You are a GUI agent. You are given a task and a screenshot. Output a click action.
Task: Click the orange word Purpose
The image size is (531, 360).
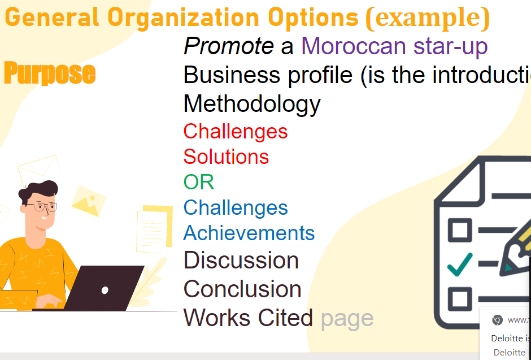point(50,73)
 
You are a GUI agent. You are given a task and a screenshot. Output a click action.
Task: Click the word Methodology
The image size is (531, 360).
point(252,104)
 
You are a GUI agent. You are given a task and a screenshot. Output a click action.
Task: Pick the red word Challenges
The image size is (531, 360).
point(236,131)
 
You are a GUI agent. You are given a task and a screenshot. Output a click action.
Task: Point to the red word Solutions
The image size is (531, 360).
point(226,157)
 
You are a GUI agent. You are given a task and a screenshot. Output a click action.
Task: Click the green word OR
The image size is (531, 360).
point(199,182)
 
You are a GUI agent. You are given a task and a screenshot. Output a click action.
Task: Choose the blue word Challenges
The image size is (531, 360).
point(236,207)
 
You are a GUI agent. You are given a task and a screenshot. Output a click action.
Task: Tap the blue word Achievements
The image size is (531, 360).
point(249,233)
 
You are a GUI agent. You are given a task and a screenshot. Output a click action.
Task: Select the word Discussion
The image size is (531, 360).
point(241,261)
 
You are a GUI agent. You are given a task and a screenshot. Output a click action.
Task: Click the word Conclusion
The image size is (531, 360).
point(242,289)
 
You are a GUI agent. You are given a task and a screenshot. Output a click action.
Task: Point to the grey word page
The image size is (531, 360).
point(347,318)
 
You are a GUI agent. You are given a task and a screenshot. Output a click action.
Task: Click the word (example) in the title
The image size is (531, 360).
point(427,18)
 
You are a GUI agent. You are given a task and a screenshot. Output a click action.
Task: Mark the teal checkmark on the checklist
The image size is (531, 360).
point(460,263)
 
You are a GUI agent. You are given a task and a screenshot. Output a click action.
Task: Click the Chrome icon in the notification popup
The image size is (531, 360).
point(497,320)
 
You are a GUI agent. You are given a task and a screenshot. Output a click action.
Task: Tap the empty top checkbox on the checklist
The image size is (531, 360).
point(459,230)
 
